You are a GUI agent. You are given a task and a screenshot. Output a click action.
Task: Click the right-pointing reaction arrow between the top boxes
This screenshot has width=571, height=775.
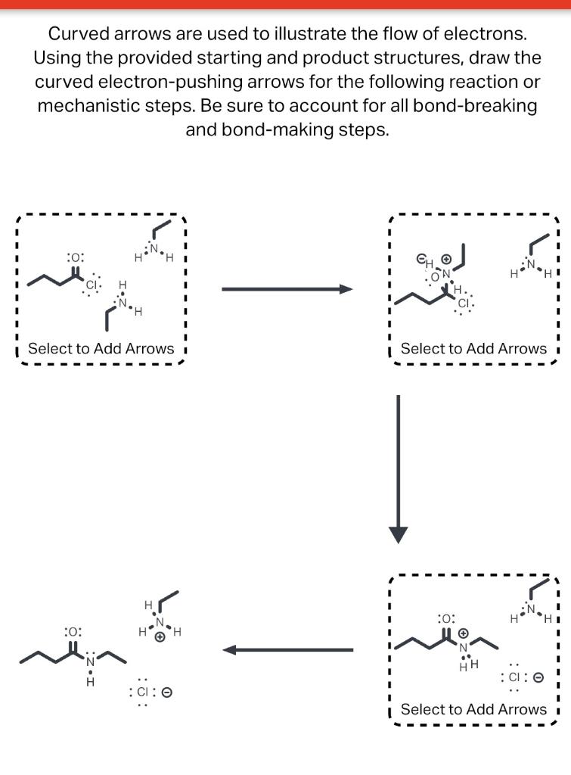[287, 289]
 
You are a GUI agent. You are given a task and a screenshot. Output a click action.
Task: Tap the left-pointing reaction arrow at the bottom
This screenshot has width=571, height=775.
[287, 649]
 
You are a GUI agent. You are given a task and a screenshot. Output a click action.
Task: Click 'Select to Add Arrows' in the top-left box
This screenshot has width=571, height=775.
[101, 349]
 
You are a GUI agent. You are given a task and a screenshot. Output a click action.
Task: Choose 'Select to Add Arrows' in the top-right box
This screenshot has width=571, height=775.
[473, 349]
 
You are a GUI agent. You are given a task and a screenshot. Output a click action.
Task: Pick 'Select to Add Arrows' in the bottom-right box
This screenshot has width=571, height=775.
[473, 709]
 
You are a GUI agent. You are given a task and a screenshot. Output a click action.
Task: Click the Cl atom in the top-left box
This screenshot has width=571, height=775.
[92, 285]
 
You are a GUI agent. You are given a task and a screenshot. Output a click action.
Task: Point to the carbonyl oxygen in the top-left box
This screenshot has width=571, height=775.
[74, 258]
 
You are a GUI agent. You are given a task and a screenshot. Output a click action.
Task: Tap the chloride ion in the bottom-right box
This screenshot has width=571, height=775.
[514, 677]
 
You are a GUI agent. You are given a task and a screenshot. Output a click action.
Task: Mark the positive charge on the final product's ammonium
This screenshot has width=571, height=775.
[160, 638]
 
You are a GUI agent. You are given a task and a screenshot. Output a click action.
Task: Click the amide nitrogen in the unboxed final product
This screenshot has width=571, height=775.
[90, 662]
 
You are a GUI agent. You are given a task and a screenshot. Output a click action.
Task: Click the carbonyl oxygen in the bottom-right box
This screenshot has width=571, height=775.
[446, 618]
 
